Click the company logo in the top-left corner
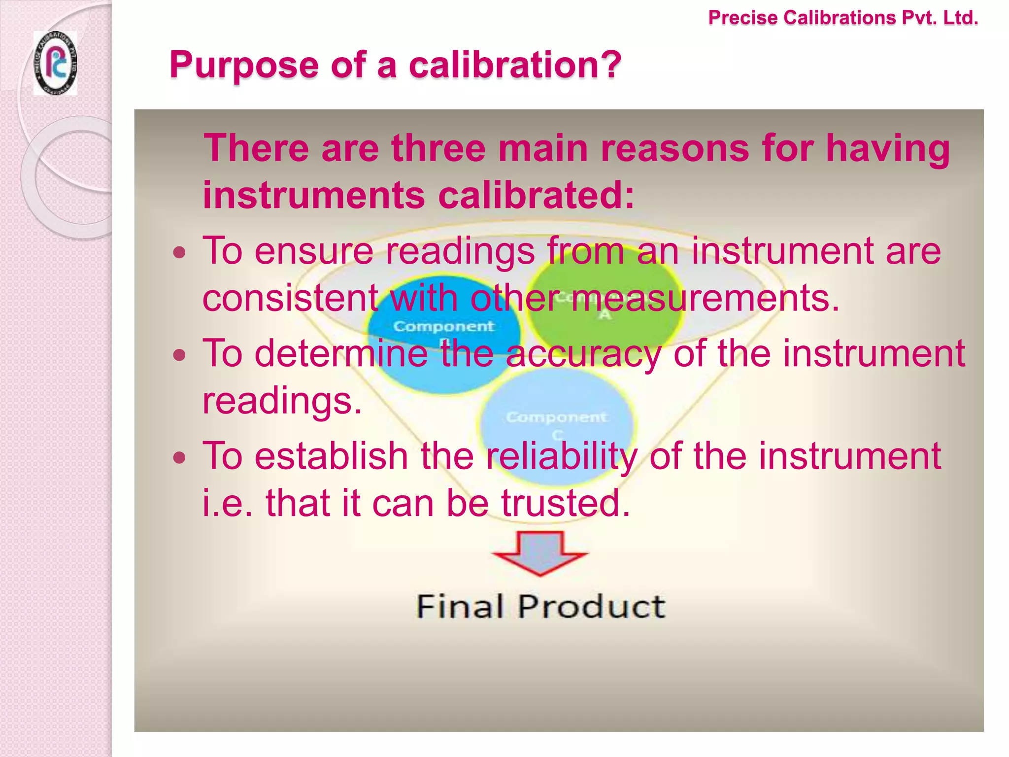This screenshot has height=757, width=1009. pos(55,63)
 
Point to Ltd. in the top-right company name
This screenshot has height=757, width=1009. pos(960,18)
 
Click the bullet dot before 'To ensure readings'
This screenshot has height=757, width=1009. pos(180,253)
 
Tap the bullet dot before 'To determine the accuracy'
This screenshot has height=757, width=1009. pos(180,355)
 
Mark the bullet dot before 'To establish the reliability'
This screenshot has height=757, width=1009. pos(180,458)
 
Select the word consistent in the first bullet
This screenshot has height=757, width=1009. pos(290,298)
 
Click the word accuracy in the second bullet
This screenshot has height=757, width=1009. pos(583,354)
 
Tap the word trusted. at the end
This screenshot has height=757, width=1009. pos(566,503)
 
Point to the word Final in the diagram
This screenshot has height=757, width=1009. pos(460,606)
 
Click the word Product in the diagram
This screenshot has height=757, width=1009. pos(591,606)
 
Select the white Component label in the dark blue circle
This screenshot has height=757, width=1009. pos(443,326)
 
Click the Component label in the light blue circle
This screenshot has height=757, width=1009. pos(557,417)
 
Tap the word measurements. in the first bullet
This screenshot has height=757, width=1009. pos(706,298)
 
